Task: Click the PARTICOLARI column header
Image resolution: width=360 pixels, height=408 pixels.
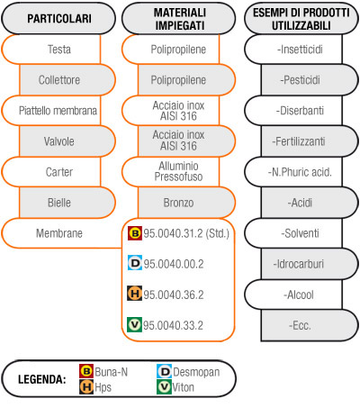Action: pyautogui.click(x=58, y=18)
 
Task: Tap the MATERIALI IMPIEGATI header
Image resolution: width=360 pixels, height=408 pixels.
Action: pyautogui.click(x=179, y=19)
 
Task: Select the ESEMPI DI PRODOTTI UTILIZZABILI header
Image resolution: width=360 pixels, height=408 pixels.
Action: pyautogui.click(x=301, y=19)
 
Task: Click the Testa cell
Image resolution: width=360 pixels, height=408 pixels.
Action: pyautogui.click(x=51, y=50)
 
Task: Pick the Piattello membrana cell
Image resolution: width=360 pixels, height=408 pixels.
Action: pyautogui.click(x=51, y=111)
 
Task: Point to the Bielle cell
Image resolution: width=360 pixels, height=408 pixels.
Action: pyautogui.click(x=67, y=203)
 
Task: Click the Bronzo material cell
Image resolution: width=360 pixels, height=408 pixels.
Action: pyautogui.click(x=186, y=203)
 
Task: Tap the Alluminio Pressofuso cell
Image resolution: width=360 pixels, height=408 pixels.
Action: pyautogui.click(x=171, y=171)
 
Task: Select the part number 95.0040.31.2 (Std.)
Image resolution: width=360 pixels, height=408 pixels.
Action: pyautogui.click(x=186, y=233)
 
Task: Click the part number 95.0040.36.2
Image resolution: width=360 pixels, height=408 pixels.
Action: pyautogui.click(x=174, y=295)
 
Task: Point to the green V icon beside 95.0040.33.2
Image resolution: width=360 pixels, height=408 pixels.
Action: pyautogui.click(x=134, y=324)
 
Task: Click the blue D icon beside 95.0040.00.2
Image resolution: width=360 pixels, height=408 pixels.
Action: pyautogui.click(x=135, y=263)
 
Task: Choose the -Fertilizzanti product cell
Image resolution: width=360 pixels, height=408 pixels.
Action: pyautogui.click(x=310, y=141)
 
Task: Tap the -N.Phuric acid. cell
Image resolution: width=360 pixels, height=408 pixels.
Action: pyautogui.click(x=293, y=172)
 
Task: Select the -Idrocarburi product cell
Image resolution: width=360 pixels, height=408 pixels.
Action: pyautogui.click(x=310, y=264)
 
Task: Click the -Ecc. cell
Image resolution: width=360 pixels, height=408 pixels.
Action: pyautogui.click(x=310, y=325)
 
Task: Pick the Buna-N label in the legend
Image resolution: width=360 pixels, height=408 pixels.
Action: pyautogui.click(x=111, y=372)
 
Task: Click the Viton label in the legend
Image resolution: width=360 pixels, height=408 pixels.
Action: pyautogui.click(x=183, y=387)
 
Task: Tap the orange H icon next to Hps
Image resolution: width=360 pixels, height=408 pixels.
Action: pyautogui.click(x=86, y=387)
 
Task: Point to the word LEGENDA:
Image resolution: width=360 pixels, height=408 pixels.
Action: pyautogui.click(x=42, y=379)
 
